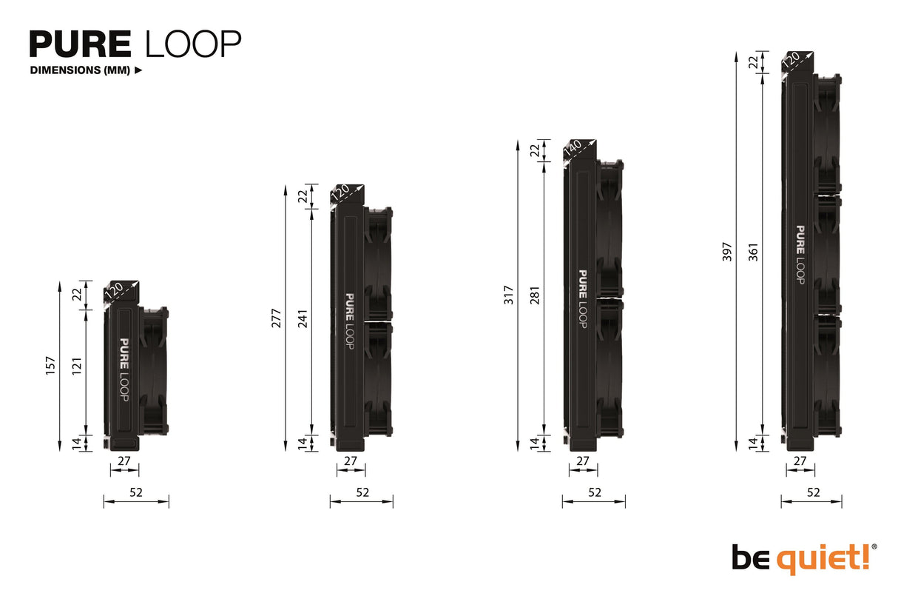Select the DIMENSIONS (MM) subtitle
pos(80,71)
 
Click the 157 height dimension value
pos(50,366)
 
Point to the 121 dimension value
pos(76,366)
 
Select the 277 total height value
pos(276,318)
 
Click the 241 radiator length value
pos(302,318)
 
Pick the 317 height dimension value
pos(508,295)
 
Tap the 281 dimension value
pos(534,295)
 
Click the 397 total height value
pos(726,251)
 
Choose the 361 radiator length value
pos(753,251)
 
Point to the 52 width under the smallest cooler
pos(135,492)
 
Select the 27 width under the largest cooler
pos(800,461)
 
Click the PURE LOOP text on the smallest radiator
pos(124,370)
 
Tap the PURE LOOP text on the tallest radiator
pos(800,254)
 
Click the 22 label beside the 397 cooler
pos(753,63)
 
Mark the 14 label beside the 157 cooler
pos(76,443)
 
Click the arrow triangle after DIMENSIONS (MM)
pos(138,71)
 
